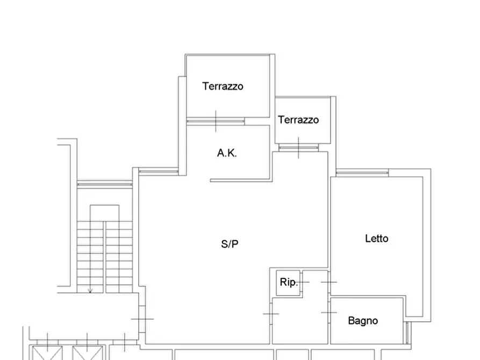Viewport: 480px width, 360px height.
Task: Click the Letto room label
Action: pyautogui.click(x=377, y=239)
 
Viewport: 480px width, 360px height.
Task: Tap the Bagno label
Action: pyautogui.click(x=363, y=321)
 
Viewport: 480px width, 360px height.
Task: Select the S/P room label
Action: pyautogui.click(x=230, y=244)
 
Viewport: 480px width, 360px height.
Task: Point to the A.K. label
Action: pyautogui.click(x=227, y=153)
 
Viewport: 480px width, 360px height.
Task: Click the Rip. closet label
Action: pyautogui.click(x=289, y=282)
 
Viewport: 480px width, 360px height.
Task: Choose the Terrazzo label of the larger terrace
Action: pyautogui.click(x=223, y=86)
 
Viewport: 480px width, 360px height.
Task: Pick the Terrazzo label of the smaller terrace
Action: pyautogui.click(x=298, y=120)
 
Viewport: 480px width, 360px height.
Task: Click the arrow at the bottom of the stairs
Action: pyautogui.click(x=90, y=289)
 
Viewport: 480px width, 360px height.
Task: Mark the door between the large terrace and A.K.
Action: pyautogui.click(x=216, y=121)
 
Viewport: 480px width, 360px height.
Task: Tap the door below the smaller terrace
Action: pyautogui.click(x=298, y=148)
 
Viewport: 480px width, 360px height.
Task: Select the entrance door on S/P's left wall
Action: pyautogui.click(x=142, y=319)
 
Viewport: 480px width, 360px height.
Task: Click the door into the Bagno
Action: pyautogui.click(x=329, y=312)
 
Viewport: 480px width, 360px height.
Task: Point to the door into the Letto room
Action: pyautogui.click(x=329, y=282)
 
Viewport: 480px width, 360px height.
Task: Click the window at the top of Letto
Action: pyautogui.click(x=362, y=173)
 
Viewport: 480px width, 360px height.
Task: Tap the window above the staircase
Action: pyautogui.click(x=105, y=184)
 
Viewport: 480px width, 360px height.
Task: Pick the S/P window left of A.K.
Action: pyautogui.click(x=159, y=171)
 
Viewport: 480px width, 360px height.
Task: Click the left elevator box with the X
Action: pyautogui.click(x=47, y=353)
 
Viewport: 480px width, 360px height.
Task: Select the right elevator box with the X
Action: pyautogui.click(x=87, y=353)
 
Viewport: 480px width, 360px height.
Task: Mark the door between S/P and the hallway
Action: pyautogui.click(x=271, y=314)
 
